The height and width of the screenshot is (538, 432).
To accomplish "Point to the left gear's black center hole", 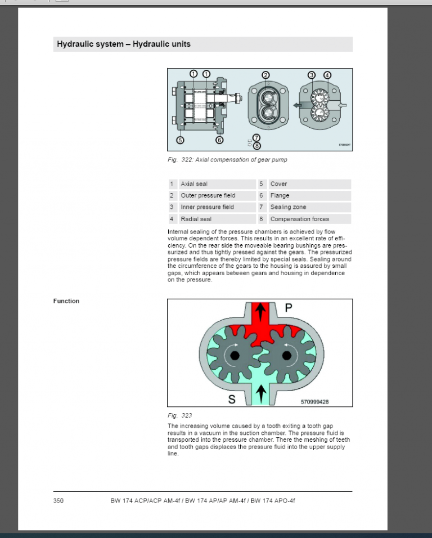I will click(234, 355).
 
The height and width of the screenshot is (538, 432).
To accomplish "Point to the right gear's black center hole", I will click(287, 355).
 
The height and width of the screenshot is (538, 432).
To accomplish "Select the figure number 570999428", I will click(314, 402).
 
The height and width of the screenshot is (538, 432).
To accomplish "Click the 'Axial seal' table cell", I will click(217, 184).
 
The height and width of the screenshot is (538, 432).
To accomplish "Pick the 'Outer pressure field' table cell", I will click(217, 196).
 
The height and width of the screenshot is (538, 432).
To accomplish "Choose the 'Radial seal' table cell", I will click(217, 219).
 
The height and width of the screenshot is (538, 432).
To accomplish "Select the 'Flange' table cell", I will click(309, 196).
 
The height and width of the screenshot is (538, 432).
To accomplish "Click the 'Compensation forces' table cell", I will click(309, 219).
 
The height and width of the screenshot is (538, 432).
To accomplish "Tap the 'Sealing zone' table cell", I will click(309, 207).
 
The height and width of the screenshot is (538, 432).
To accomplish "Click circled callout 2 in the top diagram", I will click(266, 75).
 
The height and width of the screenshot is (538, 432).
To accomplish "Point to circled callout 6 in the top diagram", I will click(219, 140).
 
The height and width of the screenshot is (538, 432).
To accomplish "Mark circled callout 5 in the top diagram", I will click(180, 140).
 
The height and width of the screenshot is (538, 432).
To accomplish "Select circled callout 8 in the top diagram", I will click(257, 146).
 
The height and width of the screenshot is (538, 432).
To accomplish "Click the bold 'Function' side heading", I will click(66, 301).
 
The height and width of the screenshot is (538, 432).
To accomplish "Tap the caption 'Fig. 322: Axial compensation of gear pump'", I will click(227, 160).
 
